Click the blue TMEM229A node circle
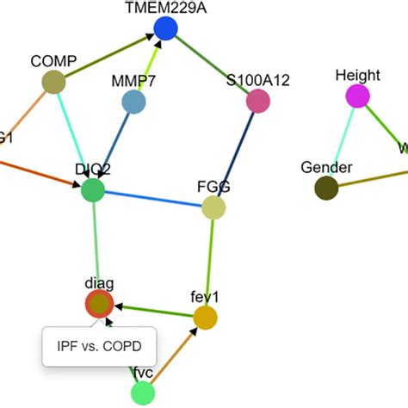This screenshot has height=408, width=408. (165, 30)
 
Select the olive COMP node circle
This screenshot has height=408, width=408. (53, 82)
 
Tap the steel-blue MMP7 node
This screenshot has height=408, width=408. (133, 102)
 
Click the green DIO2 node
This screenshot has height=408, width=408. (92, 190)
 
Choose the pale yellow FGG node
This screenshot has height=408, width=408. (213, 207)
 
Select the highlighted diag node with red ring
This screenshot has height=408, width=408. (99, 304)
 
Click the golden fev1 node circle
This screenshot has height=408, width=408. (205, 318)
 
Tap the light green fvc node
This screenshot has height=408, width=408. (142, 393)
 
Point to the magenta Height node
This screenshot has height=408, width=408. (358, 96)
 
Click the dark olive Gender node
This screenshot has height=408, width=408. (326, 188)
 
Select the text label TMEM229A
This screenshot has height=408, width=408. (165, 8)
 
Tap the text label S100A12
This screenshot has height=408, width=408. (257, 81)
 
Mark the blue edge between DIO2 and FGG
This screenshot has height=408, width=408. (153, 199)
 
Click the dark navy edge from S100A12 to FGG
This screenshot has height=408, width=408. (238, 151)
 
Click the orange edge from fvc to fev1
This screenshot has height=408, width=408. (174, 355)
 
